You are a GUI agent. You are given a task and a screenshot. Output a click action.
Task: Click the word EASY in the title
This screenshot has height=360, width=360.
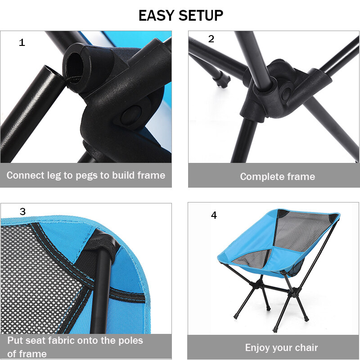click(x=157, y=16)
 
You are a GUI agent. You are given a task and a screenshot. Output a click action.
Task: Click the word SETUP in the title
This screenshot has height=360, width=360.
click(x=201, y=16)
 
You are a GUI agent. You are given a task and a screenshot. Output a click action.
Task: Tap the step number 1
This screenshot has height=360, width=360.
click(x=22, y=43)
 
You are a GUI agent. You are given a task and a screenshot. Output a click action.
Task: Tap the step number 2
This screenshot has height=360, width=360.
click(x=211, y=39)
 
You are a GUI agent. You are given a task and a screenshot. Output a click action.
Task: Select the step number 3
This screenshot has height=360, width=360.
click(x=22, y=211)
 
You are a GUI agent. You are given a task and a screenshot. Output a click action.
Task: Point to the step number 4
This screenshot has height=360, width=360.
click(x=214, y=216)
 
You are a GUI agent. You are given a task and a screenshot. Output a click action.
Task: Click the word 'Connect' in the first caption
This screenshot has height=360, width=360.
click(x=25, y=175)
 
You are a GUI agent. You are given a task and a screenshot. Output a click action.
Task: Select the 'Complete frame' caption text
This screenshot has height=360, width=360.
click(x=277, y=176)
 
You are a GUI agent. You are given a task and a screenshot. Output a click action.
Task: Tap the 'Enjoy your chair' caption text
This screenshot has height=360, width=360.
click(x=281, y=347)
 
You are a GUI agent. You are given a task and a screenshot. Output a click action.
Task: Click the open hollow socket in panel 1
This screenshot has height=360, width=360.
click(x=75, y=62)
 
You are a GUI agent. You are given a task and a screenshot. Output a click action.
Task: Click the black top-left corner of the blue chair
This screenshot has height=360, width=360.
click(x=281, y=213)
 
